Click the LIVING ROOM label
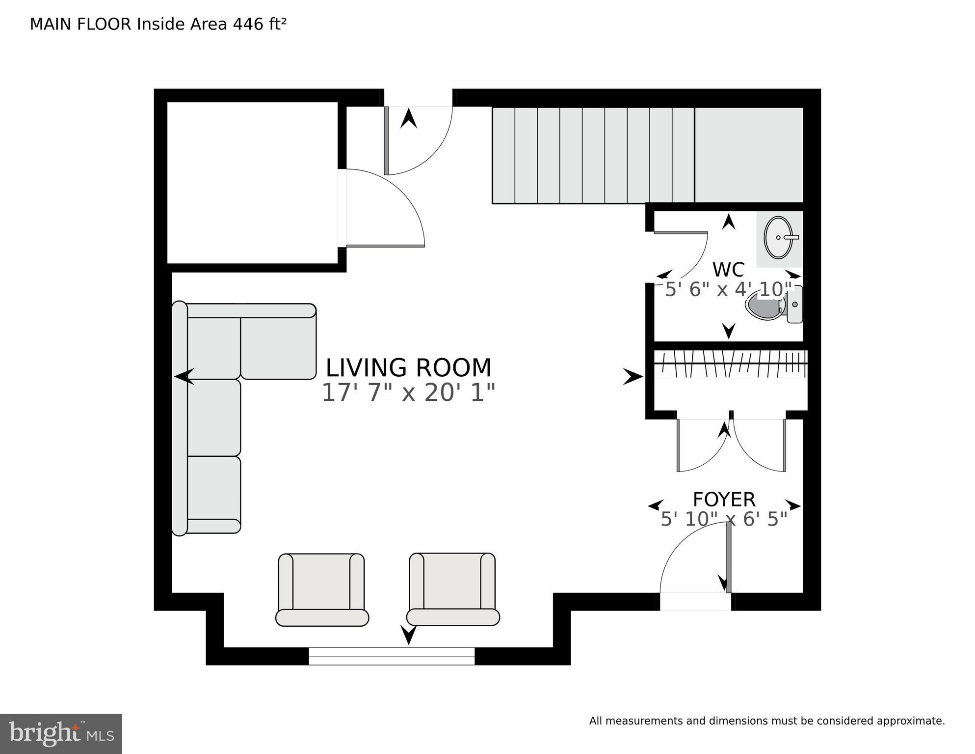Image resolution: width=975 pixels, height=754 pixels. tap(408, 368)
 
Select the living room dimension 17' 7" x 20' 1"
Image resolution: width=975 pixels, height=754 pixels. tap(408, 393)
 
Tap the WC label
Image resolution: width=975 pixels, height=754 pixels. tap(728, 270)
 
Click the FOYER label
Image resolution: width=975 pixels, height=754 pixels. tap(724, 500)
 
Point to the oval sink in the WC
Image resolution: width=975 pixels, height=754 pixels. tap(778, 238)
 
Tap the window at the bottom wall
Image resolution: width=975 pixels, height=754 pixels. tap(392, 656)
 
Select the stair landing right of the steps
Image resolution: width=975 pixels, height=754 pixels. tap(749, 155)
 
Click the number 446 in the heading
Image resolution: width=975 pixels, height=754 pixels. tap(248, 24)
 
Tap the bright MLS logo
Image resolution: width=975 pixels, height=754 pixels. tap(61, 734)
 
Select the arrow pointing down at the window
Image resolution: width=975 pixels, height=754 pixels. tap(408, 635)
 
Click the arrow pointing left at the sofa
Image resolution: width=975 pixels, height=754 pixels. tap(184, 377)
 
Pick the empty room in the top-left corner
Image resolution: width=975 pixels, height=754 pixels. tap(253, 183)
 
